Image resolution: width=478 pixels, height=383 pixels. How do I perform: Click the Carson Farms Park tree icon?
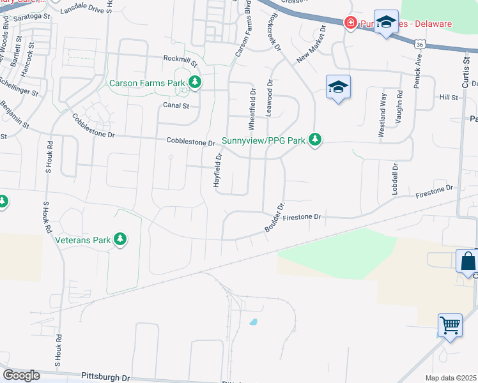click(x=195, y=82)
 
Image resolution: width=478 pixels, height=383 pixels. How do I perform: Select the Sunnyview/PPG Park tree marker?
click(x=314, y=139)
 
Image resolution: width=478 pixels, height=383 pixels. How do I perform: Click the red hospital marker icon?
click(x=350, y=24)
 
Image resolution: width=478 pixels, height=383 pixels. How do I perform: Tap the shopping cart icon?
click(x=450, y=325)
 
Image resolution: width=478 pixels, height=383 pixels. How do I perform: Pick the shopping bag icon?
click(x=468, y=261)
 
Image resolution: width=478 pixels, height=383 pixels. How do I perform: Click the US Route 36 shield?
click(x=419, y=44)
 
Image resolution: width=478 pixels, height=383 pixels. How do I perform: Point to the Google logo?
click(x=21, y=375)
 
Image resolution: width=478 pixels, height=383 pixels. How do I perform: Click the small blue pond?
click(x=254, y=322)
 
